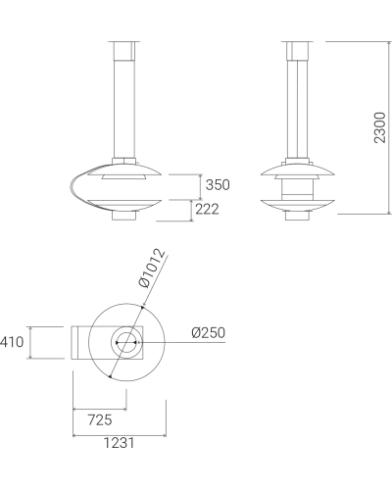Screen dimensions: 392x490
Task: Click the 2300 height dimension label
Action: pyautogui.click(x=380, y=127)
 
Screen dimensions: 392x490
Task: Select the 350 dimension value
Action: pyautogui.click(x=218, y=185)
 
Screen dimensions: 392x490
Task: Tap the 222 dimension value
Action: pyautogui.click(x=207, y=209)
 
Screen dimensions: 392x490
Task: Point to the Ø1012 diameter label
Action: pyautogui.click(x=152, y=269)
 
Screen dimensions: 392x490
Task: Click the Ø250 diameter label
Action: pyautogui.click(x=209, y=333)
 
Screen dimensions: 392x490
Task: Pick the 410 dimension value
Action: pyautogui.click(x=12, y=342)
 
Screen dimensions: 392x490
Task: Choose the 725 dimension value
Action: pyautogui.click(x=100, y=419)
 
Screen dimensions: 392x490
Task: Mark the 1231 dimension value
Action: pyautogui.click(x=119, y=443)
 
